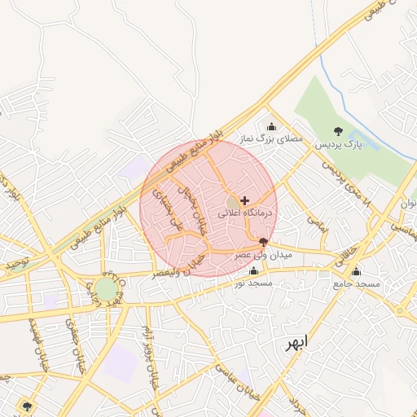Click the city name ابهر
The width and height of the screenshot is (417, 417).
[299, 342]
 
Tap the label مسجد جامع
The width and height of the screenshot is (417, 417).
[356, 283]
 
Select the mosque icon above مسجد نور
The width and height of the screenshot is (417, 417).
[253, 271]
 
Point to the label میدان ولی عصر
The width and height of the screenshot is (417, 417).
[262, 254]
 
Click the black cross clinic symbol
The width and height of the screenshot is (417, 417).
[244, 200]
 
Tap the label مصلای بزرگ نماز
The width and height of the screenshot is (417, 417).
[270, 139]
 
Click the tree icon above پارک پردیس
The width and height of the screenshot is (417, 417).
[338, 131]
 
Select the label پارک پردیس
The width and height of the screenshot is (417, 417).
[337, 144]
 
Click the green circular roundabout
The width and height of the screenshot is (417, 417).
[105, 289]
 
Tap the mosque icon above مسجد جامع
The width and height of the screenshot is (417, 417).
[356, 271]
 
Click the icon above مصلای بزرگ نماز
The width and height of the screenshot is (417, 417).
[271, 126]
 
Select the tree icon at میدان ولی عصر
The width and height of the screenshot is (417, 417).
[262, 242]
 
